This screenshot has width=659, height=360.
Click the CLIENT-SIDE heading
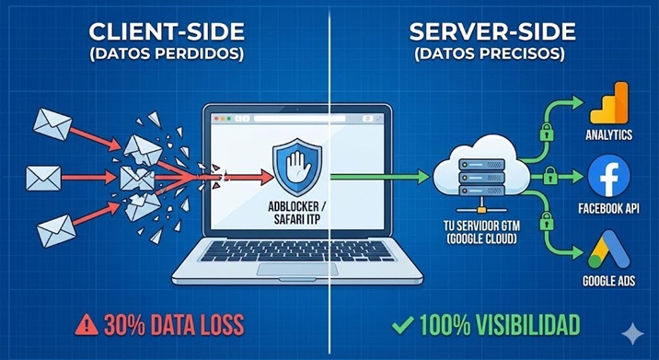166,33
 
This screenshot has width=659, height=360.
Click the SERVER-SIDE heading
492,33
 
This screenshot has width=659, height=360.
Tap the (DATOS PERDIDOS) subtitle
167,54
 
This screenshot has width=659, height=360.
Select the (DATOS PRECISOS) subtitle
492,54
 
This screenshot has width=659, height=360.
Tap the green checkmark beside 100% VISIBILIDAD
401,324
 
